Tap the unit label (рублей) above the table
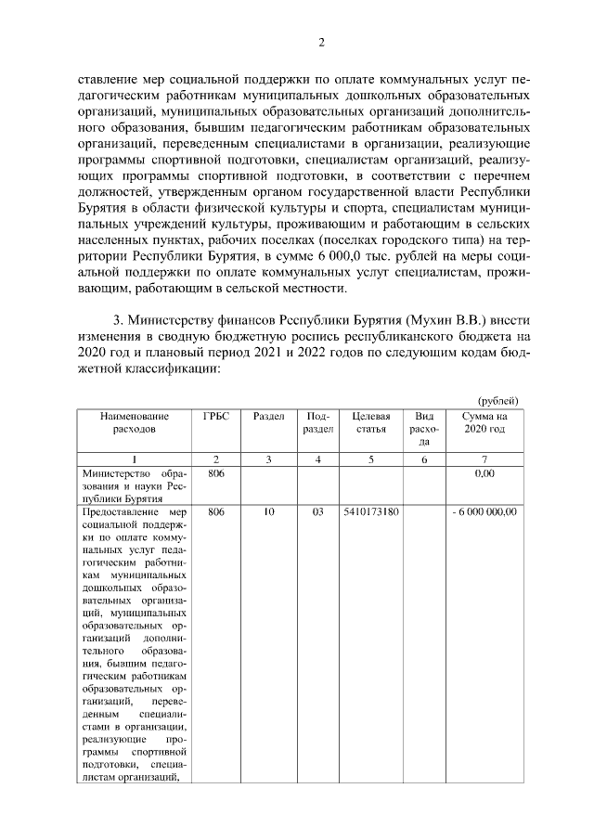tap(497, 400)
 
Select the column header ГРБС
tap(215, 417)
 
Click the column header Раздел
tap(268, 417)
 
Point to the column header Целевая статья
tap(371, 423)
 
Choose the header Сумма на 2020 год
tap(484, 423)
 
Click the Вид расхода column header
tap(424, 429)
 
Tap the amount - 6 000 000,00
tap(484, 511)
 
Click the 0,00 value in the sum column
tap(484, 473)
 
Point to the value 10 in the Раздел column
tap(268, 511)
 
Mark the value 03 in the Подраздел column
tap(318, 511)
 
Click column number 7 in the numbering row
tap(484, 459)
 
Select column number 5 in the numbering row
tap(371, 459)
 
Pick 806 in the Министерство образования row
tap(215, 473)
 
